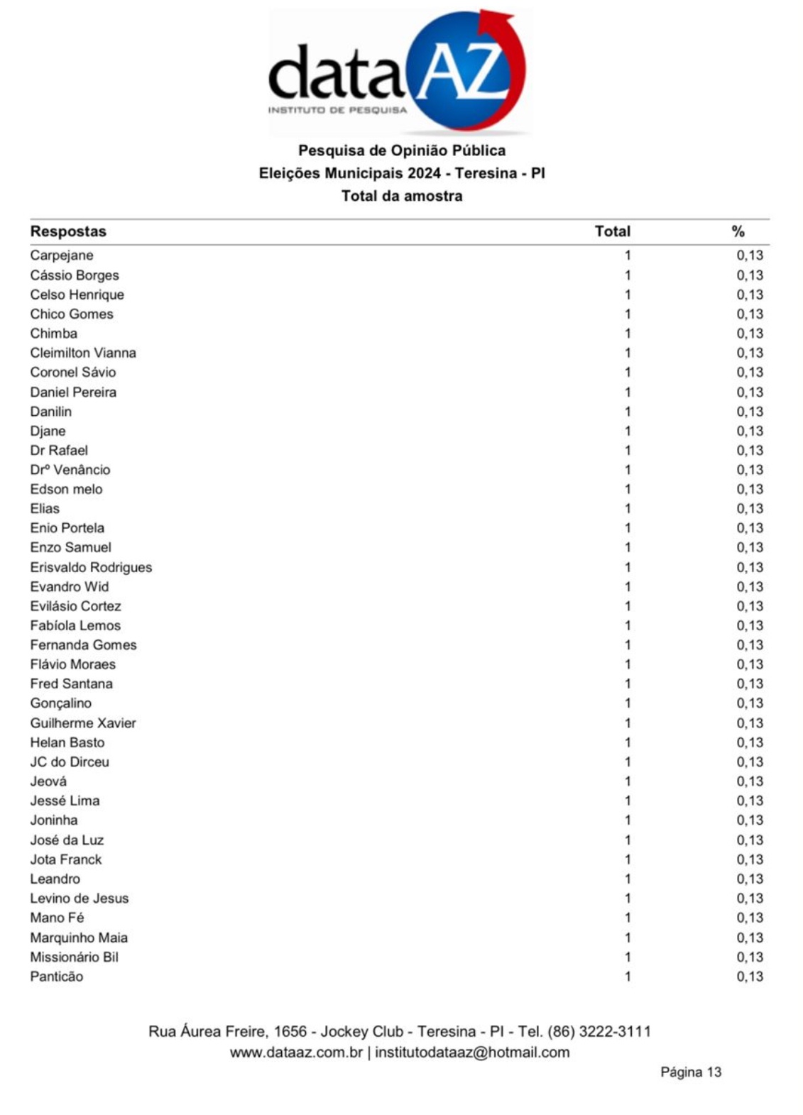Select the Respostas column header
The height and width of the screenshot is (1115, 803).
(x=68, y=231)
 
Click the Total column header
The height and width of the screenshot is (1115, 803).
(x=612, y=231)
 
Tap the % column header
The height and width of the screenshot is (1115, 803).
(x=738, y=231)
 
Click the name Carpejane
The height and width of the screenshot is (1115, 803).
(x=62, y=256)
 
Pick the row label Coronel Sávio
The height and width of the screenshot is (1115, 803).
(x=72, y=372)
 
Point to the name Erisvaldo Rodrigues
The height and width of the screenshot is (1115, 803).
(x=91, y=567)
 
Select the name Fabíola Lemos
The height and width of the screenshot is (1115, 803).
(x=75, y=625)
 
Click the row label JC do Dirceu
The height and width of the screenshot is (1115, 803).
(x=70, y=762)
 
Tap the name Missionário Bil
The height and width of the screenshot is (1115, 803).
(x=74, y=957)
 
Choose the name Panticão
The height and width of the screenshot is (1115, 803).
(x=56, y=977)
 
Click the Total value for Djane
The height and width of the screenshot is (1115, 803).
(x=628, y=431)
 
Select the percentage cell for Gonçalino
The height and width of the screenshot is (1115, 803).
(x=749, y=703)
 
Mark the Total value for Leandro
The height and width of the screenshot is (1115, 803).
(x=628, y=879)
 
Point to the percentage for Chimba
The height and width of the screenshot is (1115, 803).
(x=749, y=334)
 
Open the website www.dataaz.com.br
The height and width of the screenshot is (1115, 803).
(x=296, y=1053)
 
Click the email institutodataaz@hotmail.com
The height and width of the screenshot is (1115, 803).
(x=472, y=1053)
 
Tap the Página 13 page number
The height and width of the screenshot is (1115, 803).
(x=690, y=1072)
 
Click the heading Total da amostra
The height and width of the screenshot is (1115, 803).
(x=401, y=196)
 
